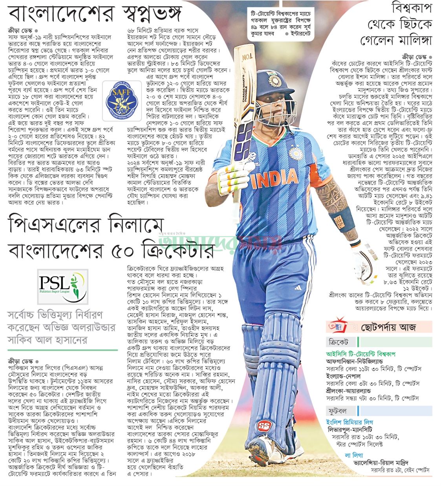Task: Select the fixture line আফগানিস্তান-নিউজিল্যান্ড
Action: pos(355,361)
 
